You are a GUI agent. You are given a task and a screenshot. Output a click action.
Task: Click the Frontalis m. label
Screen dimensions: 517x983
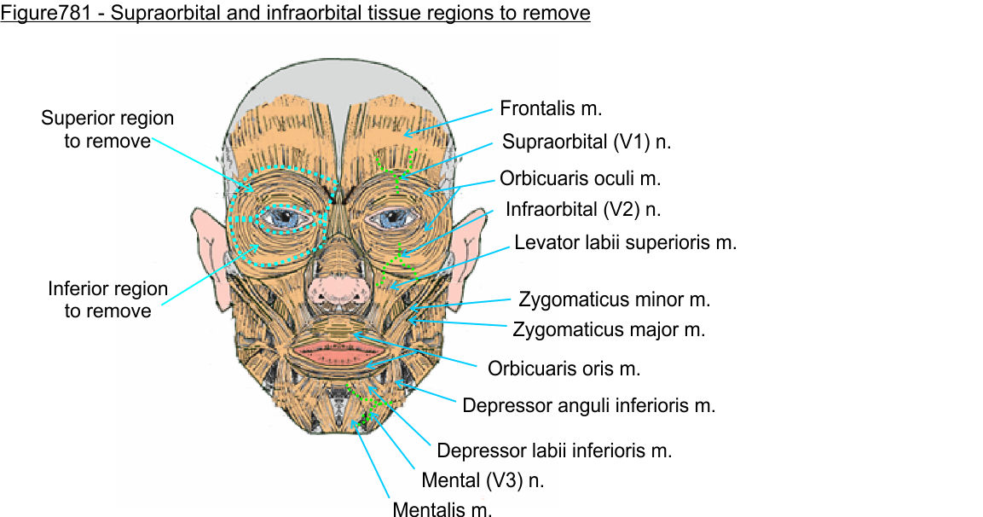pos(551,108)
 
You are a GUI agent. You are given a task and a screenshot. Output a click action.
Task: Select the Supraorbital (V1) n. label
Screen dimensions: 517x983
pos(587,142)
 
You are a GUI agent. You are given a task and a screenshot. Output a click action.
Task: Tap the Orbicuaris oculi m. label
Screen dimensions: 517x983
pos(581,179)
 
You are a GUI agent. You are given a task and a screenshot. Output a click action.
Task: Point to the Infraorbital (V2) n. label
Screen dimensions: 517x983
pos(583,209)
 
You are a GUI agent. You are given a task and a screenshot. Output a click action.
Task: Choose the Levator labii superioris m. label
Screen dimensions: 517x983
pos(625,242)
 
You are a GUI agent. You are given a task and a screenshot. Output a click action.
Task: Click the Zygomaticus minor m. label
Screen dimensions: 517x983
pos(614,299)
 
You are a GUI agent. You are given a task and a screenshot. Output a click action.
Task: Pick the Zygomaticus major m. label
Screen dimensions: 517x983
pos(609,328)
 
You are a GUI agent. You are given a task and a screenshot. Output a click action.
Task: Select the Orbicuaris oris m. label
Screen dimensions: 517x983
pos(564,369)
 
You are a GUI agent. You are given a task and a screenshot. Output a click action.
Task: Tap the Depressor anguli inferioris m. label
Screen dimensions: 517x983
pos(588,405)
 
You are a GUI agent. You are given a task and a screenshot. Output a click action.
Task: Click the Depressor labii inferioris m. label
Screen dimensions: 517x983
pos(554,450)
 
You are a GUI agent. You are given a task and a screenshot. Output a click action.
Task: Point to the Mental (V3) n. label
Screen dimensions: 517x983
pos(483,479)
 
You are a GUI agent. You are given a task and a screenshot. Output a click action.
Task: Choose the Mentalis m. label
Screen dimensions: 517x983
pos(442,510)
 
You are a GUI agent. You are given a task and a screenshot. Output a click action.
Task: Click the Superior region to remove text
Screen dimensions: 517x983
pos(107,129)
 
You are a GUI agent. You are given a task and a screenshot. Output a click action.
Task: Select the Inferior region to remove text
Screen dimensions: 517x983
pos(107,299)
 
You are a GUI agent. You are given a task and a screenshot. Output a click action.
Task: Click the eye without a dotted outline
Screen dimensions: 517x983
pos(390,219)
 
